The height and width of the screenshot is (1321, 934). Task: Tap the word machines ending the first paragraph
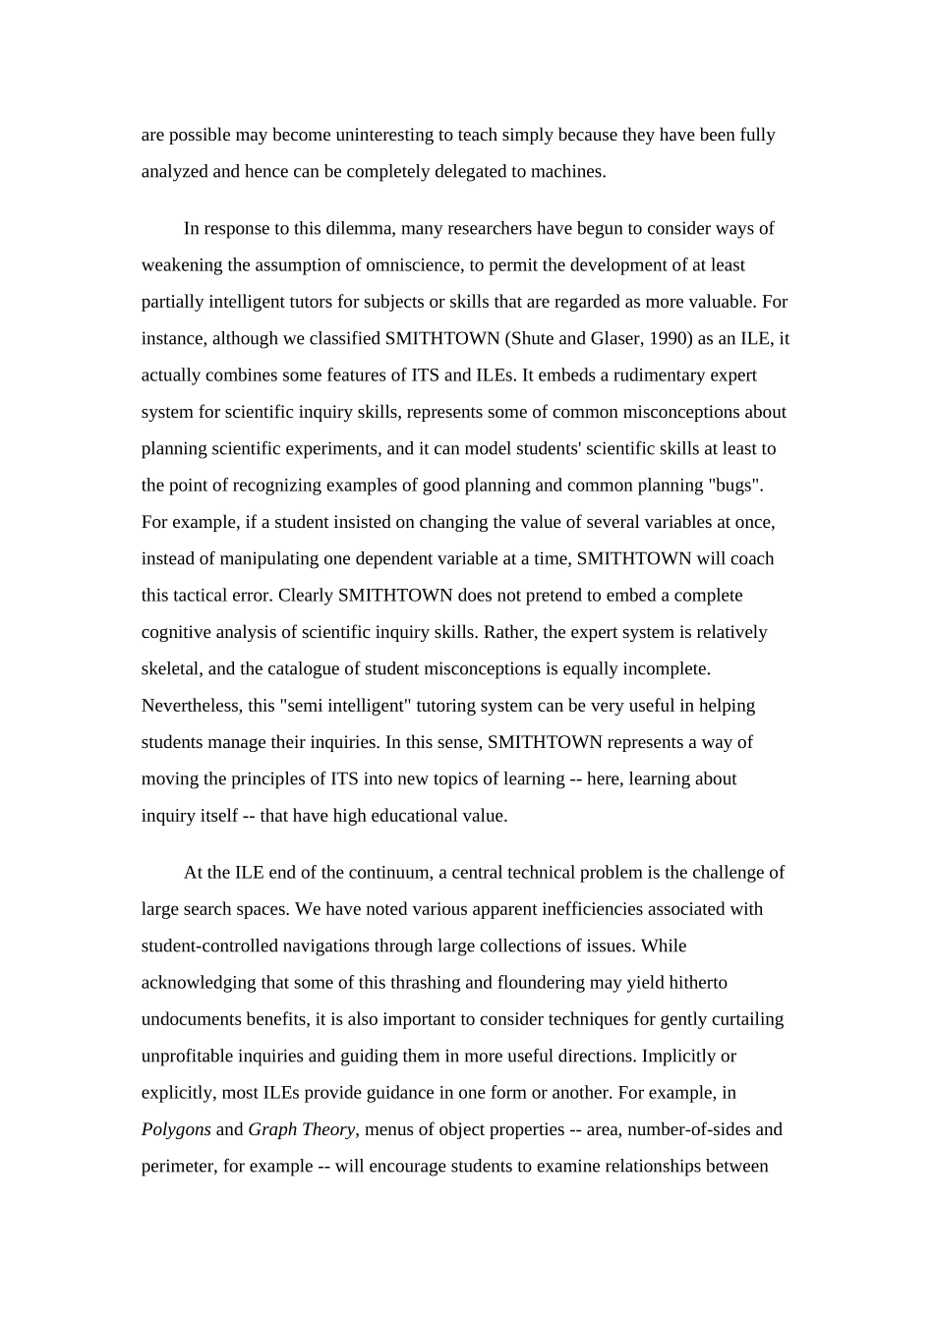(567, 172)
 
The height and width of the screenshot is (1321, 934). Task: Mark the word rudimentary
(652, 375)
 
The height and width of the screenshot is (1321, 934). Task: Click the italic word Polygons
(176, 1129)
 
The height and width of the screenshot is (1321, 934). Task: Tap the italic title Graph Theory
(301, 1129)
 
